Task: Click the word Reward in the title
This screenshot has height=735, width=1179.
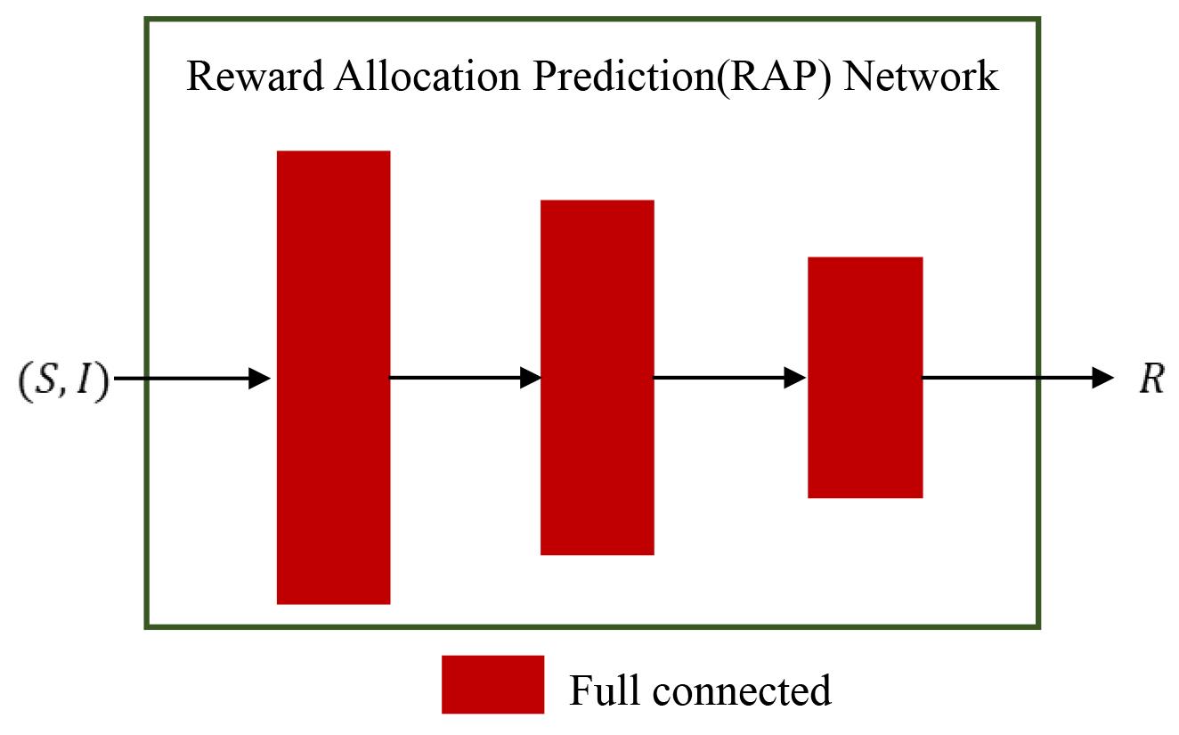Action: pyautogui.click(x=255, y=76)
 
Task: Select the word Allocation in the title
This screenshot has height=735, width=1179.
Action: pyautogui.click(x=427, y=76)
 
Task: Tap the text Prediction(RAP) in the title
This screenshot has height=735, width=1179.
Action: pyautogui.click(x=682, y=78)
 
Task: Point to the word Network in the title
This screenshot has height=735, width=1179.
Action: pyautogui.click(x=921, y=76)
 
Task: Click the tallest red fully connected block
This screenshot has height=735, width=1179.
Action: pyautogui.click(x=334, y=378)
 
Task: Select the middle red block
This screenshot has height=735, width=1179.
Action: pyautogui.click(x=598, y=378)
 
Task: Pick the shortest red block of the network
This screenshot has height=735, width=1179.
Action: pyautogui.click(x=866, y=378)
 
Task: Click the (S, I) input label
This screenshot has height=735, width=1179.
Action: pyautogui.click(x=64, y=380)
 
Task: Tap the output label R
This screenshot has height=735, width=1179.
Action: pyautogui.click(x=1151, y=379)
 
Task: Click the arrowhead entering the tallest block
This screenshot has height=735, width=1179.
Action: pyautogui.click(x=259, y=378)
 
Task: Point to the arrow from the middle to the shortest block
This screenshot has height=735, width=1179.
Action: pyautogui.click(x=730, y=378)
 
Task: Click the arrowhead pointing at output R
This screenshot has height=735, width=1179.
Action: pyautogui.click(x=1103, y=378)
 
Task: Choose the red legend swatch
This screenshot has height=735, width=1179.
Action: pyautogui.click(x=492, y=684)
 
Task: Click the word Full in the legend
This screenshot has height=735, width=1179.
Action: pyautogui.click(x=605, y=690)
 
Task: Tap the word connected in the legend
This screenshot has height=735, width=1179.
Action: pyautogui.click(x=742, y=690)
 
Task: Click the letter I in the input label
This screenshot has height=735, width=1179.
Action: pyautogui.click(x=83, y=379)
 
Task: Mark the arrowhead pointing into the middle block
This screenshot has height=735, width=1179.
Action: pyautogui.click(x=531, y=378)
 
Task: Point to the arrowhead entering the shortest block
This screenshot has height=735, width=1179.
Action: pyautogui.click(x=795, y=378)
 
